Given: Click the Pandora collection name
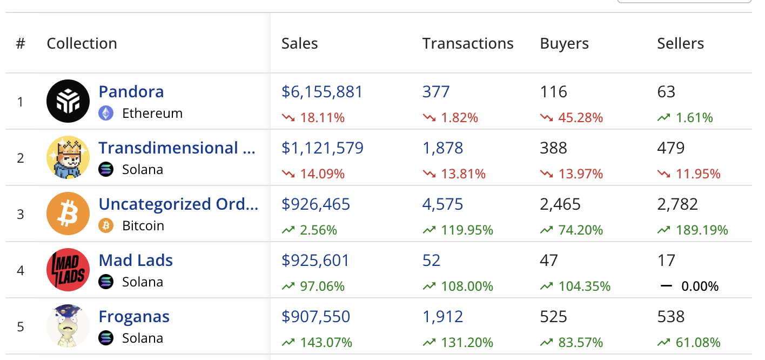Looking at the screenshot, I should coord(131,92).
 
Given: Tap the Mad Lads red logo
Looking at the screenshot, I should coord(68,270).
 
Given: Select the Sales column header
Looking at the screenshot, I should coord(299,44).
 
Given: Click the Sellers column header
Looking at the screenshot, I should coord(680,44).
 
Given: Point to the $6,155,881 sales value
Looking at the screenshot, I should coord(322,92).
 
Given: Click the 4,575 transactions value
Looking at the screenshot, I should coord(442,204).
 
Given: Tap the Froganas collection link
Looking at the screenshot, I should coord(134,317).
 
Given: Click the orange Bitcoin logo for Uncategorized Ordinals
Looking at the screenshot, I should coord(68,214).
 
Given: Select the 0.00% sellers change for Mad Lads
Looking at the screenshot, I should coord(700,286).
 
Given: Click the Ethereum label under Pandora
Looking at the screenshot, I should coord(152,114).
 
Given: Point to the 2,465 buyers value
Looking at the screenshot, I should coord(560,204).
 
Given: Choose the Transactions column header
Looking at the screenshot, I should coord(468,44).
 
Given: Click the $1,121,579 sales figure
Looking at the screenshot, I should coord(323,148).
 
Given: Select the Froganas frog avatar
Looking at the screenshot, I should coord(68,326).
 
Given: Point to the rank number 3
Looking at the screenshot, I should coord(21,214).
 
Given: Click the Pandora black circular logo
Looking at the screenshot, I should coord(68,101).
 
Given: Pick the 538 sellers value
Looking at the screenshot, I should coord(671,317).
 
